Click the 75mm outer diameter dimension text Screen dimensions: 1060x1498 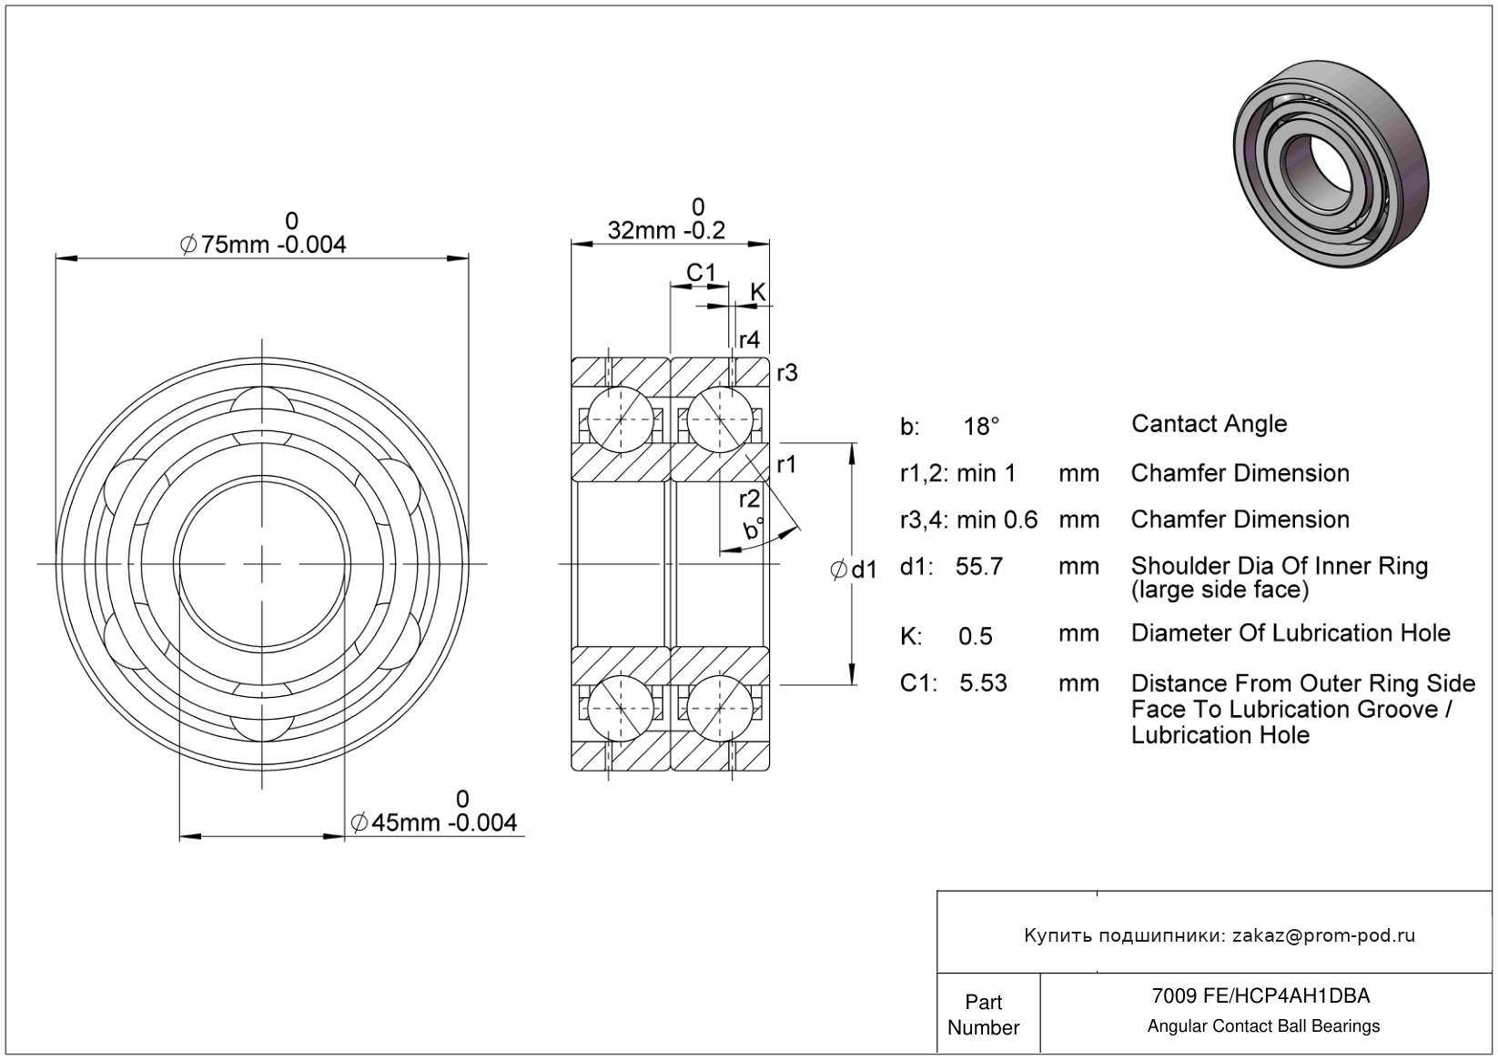263,245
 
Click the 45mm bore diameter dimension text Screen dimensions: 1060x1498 434,823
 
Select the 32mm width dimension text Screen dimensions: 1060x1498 666,230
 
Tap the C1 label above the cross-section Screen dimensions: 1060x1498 701,272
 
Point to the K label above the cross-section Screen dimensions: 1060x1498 757,292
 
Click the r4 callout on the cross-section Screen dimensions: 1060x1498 749,339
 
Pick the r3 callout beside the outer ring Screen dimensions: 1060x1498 786,372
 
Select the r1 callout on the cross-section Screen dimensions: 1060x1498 786,465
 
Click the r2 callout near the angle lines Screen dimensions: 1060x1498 749,499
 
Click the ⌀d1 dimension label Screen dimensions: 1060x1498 854,570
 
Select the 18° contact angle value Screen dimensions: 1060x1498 982,426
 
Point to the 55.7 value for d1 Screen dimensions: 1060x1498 979,566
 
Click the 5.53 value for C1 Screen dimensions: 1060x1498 983,683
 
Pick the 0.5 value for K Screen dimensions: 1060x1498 976,636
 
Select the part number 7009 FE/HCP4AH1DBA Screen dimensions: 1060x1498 1260,996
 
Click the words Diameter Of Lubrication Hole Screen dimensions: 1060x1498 1291,633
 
